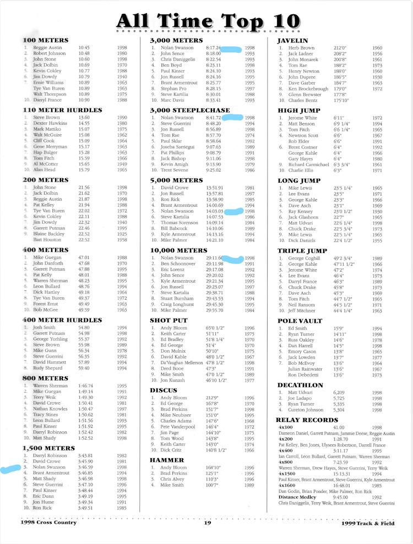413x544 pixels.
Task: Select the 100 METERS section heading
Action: click(46, 41)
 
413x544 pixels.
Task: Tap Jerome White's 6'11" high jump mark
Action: click(339, 118)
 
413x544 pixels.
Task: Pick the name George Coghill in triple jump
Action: click(304, 258)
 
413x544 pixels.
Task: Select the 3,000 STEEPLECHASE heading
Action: click(189, 111)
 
